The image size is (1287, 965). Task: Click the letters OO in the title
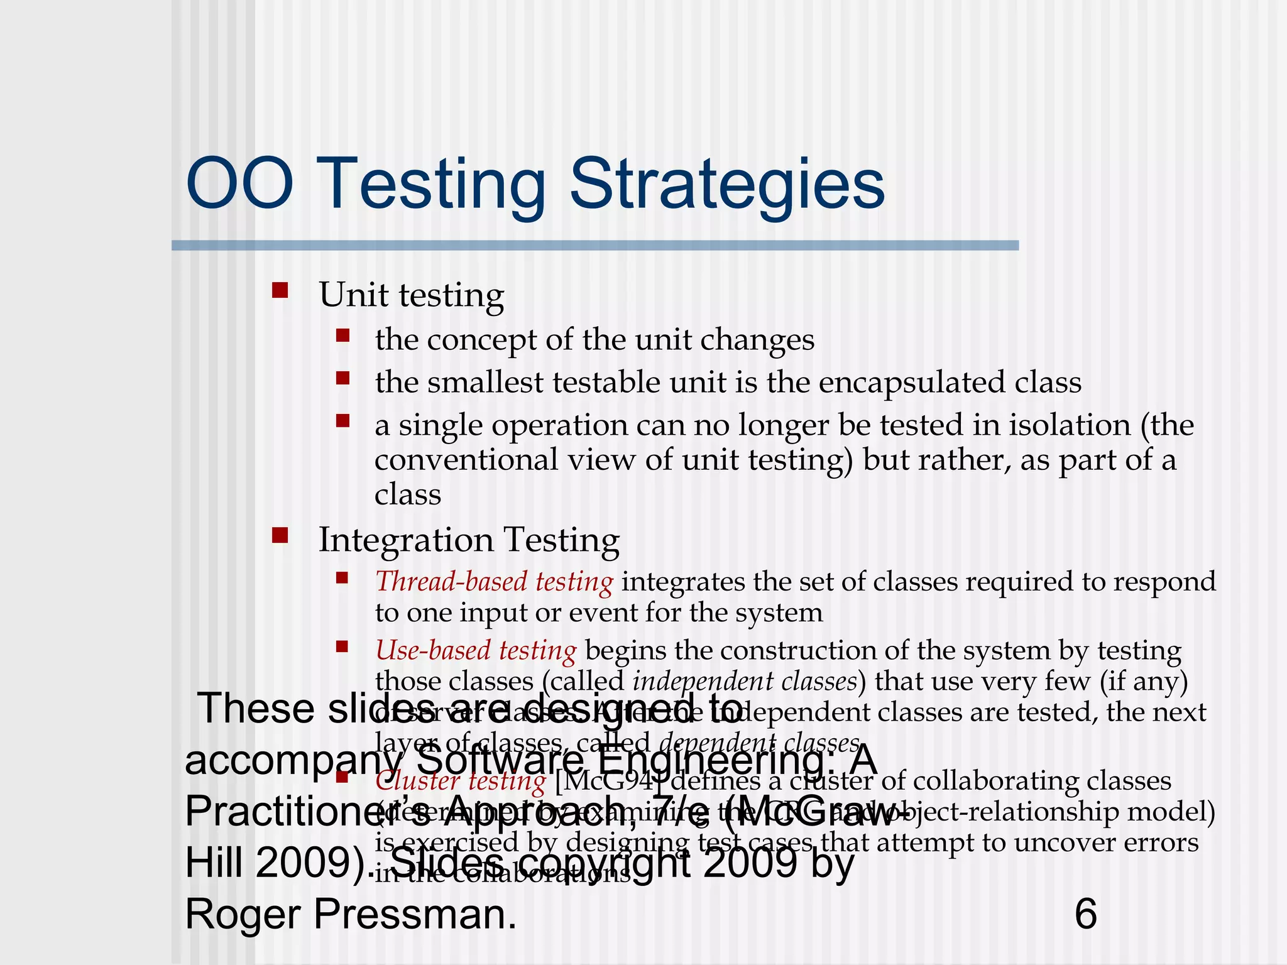point(239,184)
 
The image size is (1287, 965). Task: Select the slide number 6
point(1086,914)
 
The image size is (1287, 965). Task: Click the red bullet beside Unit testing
point(280,290)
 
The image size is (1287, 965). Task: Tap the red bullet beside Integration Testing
point(280,536)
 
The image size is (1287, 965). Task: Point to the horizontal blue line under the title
point(594,246)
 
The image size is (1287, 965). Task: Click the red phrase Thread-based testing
point(494,582)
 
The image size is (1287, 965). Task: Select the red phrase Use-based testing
point(476,651)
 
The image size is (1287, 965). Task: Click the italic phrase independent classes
point(745,681)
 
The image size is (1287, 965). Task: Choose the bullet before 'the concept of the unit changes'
point(342,335)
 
